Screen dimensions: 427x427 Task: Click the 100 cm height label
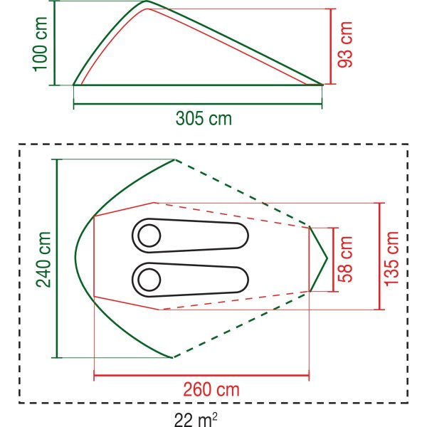pos(41,44)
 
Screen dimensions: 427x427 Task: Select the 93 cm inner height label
pos(344,44)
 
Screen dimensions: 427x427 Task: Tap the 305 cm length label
pos(204,118)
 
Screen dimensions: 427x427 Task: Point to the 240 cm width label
pos(43,260)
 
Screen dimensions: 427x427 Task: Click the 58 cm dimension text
pos(345,259)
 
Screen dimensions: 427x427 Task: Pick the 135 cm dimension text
pos(391,259)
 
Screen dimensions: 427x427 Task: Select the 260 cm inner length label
pos(211,389)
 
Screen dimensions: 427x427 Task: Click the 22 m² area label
pos(196,420)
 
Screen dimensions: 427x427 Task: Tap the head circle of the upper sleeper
pos(149,236)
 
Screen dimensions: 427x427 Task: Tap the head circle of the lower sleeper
pos(149,280)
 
